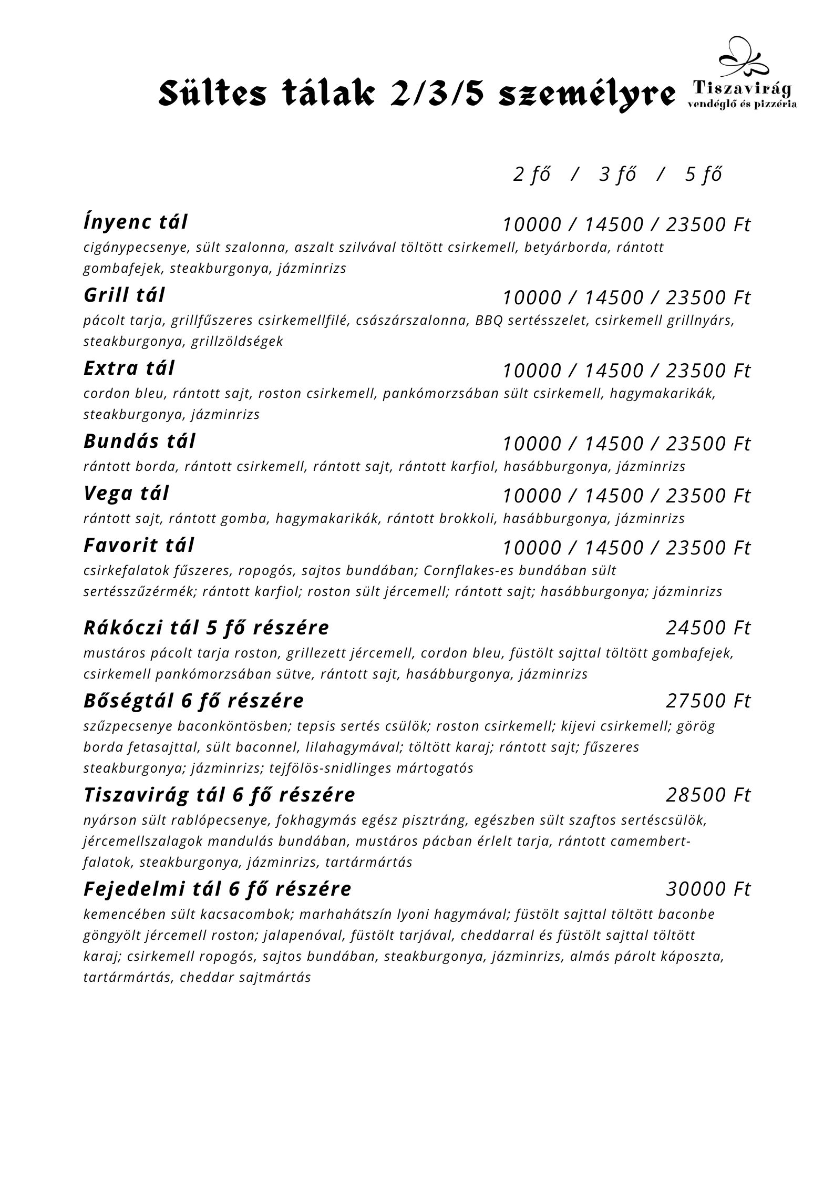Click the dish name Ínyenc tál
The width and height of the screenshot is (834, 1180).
pos(136,222)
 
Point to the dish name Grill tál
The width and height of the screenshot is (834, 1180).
pos(125,295)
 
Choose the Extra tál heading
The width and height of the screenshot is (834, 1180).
pos(129,368)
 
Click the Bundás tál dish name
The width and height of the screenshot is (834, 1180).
pos(140,442)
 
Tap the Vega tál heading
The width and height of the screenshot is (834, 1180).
pos(127,494)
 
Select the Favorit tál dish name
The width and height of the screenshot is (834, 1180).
pos(139,546)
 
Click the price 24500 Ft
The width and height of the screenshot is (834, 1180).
pos(708,628)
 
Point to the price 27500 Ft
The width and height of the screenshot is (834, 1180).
pos(708,701)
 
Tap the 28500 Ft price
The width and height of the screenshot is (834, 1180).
pos(708,795)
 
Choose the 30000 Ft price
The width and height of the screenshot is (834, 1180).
pos(708,889)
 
